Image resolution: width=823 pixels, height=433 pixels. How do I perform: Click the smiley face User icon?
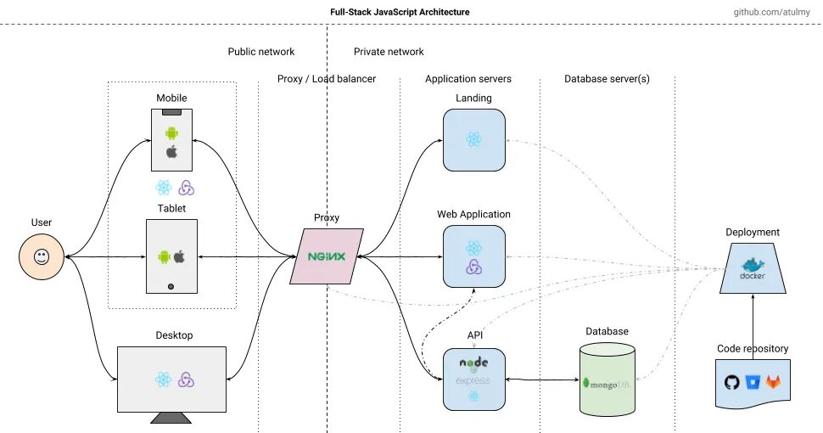(42, 257)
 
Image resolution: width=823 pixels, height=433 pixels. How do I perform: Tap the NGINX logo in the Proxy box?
(327, 256)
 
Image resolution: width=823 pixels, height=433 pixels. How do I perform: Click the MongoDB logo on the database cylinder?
(607, 384)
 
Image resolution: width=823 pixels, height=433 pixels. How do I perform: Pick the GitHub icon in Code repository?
(731, 381)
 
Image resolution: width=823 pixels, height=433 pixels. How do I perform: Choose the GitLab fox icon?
(773, 381)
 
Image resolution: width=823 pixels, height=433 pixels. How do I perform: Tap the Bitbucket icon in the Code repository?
(753, 381)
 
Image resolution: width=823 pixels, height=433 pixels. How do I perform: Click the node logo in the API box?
(474, 363)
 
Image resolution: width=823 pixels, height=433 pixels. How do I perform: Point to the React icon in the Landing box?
(474, 139)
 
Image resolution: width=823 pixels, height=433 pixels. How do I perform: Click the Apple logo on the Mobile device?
(171, 152)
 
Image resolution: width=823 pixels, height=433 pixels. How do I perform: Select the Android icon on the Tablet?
(165, 257)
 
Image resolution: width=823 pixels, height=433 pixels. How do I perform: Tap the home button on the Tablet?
(171, 286)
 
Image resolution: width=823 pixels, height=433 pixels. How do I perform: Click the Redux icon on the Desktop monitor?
(186, 380)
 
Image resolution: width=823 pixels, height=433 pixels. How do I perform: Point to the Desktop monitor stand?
(171, 418)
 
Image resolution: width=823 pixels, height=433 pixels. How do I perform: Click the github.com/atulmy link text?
(771, 12)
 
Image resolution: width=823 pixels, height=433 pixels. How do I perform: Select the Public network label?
(260, 52)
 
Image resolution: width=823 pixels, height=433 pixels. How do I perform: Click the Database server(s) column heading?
(607, 79)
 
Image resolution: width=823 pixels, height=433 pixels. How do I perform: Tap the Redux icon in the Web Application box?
(474, 267)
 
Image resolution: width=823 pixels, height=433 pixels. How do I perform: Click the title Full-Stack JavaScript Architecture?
(400, 12)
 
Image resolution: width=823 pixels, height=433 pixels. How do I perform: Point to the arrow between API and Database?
(543, 380)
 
